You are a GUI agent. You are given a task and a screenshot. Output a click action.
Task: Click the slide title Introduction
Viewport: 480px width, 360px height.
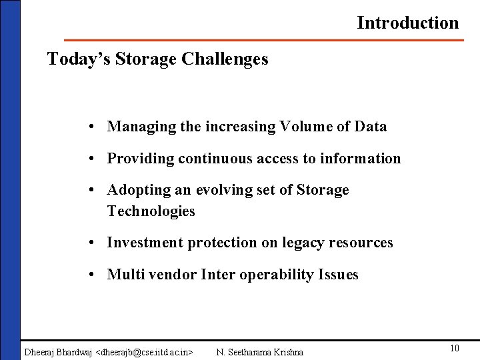[407, 23]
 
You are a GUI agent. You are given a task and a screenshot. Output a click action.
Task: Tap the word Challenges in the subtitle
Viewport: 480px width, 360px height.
[224, 59]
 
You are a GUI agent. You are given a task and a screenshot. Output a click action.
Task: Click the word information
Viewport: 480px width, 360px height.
[361, 159]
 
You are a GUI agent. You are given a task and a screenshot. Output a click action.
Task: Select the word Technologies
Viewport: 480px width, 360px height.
[151, 212]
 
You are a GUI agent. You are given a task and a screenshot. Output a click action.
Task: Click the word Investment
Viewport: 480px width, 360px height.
[145, 243]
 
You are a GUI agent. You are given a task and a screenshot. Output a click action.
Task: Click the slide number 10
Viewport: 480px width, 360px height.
[455, 348]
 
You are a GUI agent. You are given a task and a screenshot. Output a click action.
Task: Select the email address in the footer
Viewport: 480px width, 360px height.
[145, 351]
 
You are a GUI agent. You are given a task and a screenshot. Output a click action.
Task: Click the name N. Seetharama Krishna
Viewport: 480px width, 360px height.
[260, 351]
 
